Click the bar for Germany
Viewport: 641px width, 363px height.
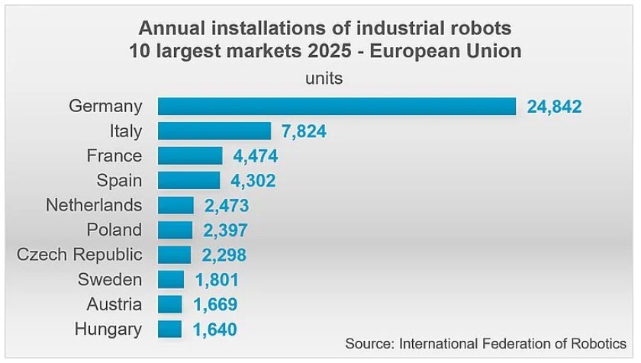[337, 106]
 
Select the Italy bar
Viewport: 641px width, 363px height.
[214, 131]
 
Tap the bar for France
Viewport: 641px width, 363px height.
[191, 156]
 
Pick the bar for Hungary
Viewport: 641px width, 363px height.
[170, 329]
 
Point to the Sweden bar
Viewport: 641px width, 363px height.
[171, 280]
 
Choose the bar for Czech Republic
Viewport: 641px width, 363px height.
[175, 255]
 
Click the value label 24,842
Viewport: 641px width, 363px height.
[554, 107]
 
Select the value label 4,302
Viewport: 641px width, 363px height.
[253, 181]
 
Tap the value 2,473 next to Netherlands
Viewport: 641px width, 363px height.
[227, 206]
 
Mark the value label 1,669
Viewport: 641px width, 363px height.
[215, 304]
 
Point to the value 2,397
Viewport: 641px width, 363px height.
[225, 230]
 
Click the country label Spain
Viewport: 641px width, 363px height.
[119, 181]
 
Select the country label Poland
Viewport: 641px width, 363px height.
[114, 230]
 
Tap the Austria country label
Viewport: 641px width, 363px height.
[114, 304]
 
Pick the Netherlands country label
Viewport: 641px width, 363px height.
[94, 205]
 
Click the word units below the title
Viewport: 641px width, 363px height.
[324, 79]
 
